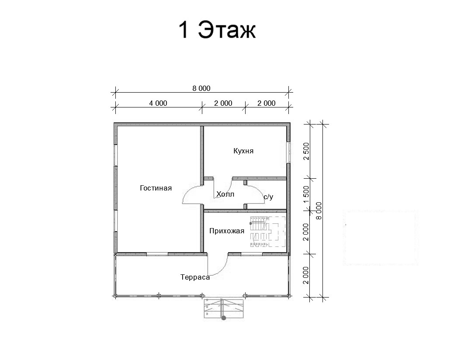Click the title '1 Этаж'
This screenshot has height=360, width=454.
(217, 30)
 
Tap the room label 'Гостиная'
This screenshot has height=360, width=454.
(156, 188)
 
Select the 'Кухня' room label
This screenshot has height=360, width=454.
(243, 151)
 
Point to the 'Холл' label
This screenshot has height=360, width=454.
(225, 194)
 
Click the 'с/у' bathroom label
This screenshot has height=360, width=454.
(268, 197)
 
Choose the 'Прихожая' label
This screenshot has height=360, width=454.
(227, 231)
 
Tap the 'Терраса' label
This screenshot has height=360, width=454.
(195, 277)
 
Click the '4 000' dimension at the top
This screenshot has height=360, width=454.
(158, 103)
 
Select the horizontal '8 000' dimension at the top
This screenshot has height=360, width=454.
(201, 88)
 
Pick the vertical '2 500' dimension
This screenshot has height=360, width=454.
(306, 151)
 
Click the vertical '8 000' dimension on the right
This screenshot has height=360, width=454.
(319, 211)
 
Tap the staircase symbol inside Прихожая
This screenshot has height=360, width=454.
(267, 232)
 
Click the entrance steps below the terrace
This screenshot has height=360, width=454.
(224, 308)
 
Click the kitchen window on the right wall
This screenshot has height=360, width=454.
(288, 152)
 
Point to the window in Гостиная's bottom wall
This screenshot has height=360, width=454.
(157, 254)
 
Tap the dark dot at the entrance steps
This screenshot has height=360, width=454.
(224, 318)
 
